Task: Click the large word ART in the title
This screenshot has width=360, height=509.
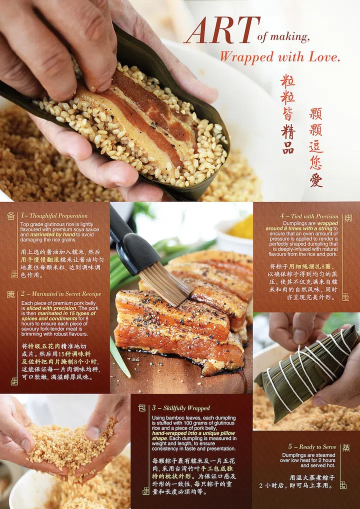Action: pyautogui.click(x=222, y=31)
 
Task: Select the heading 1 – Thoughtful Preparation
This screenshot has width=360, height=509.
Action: pyautogui.click(x=54, y=216)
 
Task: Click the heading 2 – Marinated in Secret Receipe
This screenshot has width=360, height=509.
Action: pyautogui.click(x=61, y=293)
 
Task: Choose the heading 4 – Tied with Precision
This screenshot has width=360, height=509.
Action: pyautogui.click(x=309, y=216)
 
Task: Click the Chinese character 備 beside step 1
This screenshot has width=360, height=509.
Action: pyautogui.click(x=11, y=216)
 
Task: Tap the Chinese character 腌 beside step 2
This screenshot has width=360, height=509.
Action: pyautogui.click(x=11, y=294)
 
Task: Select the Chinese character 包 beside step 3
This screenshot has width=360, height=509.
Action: pyautogui.click(x=142, y=408)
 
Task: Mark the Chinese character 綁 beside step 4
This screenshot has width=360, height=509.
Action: pyautogui.click(x=348, y=218)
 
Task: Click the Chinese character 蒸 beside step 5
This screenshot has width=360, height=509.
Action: pyautogui.click(x=346, y=447)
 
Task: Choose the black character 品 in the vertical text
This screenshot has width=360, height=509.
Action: pyautogui.click(x=288, y=147)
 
